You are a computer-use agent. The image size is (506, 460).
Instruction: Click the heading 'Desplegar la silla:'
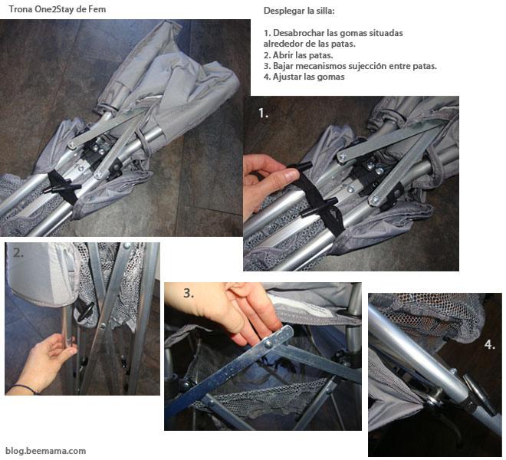click(x=299, y=12)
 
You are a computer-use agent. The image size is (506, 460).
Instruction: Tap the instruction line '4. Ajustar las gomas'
click(x=303, y=77)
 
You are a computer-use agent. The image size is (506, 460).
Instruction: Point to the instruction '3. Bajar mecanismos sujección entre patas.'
click(x=350, y=66)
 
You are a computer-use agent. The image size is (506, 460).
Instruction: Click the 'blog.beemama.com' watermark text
click(x=45, y=451)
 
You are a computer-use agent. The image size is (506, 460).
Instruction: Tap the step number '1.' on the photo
click(x=263, y=113)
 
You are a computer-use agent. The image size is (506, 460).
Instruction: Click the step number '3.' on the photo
click(x=189, y=293)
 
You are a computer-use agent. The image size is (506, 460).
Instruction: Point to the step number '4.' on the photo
click(x=489, y=345)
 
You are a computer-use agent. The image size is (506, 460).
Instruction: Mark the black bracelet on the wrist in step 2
click(x=24, y=389)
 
